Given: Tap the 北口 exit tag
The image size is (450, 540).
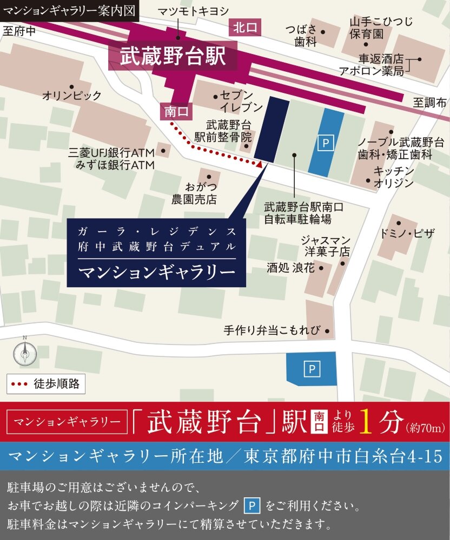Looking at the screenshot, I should point(246,28).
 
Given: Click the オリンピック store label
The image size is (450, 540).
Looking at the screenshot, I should point(72,96).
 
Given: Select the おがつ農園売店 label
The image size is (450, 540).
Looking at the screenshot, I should point(194,193).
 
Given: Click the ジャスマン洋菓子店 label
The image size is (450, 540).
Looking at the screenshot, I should point(326,246).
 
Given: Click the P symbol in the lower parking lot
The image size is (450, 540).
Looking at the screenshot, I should point(312,369).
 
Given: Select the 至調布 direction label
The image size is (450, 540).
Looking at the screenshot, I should point(430,102).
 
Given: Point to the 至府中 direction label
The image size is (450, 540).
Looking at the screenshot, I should point(19,31).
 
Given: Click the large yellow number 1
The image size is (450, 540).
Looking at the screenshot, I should point(365,423).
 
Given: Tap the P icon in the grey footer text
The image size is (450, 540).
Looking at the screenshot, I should point(253,506).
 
